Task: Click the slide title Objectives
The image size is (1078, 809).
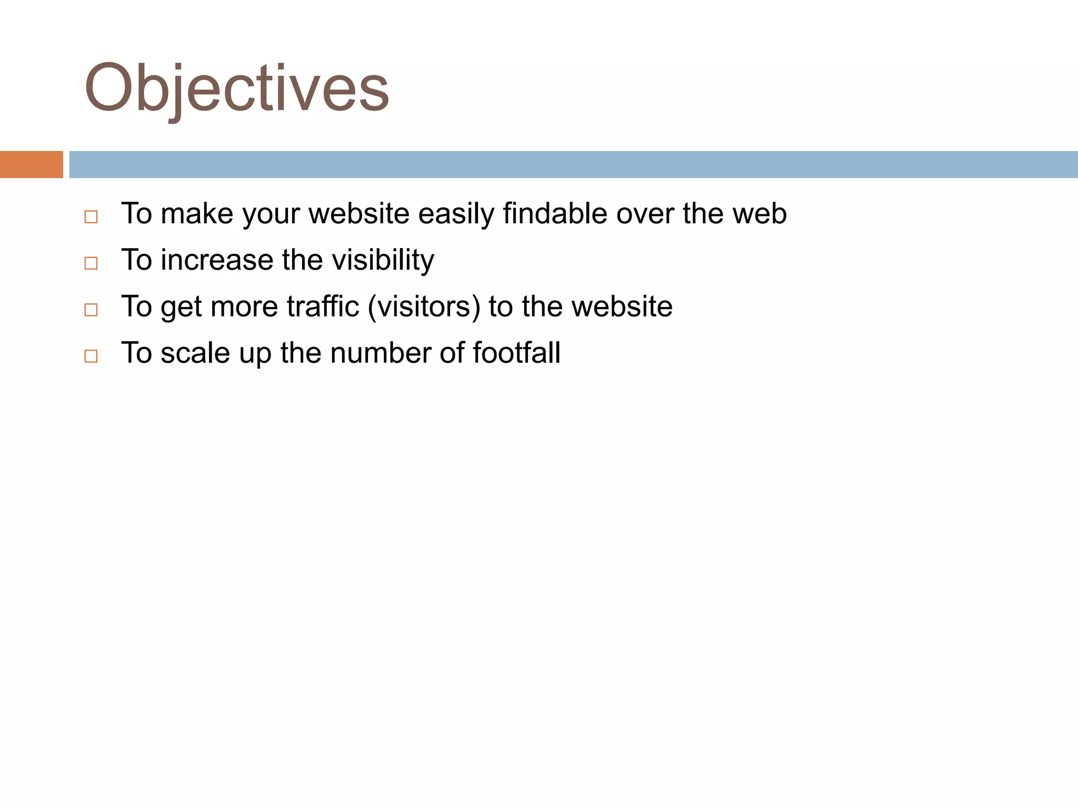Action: coord(236,88)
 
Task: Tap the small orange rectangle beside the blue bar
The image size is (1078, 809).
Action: coord(31,164)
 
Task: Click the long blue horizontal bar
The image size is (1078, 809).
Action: coord(573,164)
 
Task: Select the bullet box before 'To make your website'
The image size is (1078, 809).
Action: coord(91,217)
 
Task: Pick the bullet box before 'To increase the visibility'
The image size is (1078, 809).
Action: coord(91,263)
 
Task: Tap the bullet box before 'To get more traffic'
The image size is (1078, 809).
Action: coord(91,310)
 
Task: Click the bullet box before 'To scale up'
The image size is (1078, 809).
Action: coord(91,356)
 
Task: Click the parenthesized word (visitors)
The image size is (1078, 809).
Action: coord(424,307)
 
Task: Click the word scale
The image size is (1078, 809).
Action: coord(195,353)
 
